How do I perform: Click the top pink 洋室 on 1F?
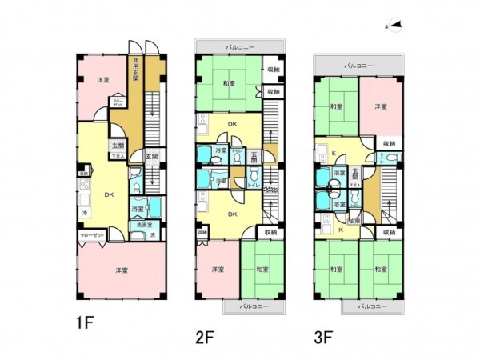(x=103, y=80)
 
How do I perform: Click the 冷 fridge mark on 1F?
(x=84, y=214)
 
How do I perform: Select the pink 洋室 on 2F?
(x=217, y=270)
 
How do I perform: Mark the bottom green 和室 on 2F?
(x=262, y=270)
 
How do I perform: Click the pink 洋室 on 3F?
(x=380, y=106)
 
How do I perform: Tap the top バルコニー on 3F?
(x=358, y=63)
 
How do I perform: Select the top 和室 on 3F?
(x=336, y=106)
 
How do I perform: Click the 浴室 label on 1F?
(x=138, y=209)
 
